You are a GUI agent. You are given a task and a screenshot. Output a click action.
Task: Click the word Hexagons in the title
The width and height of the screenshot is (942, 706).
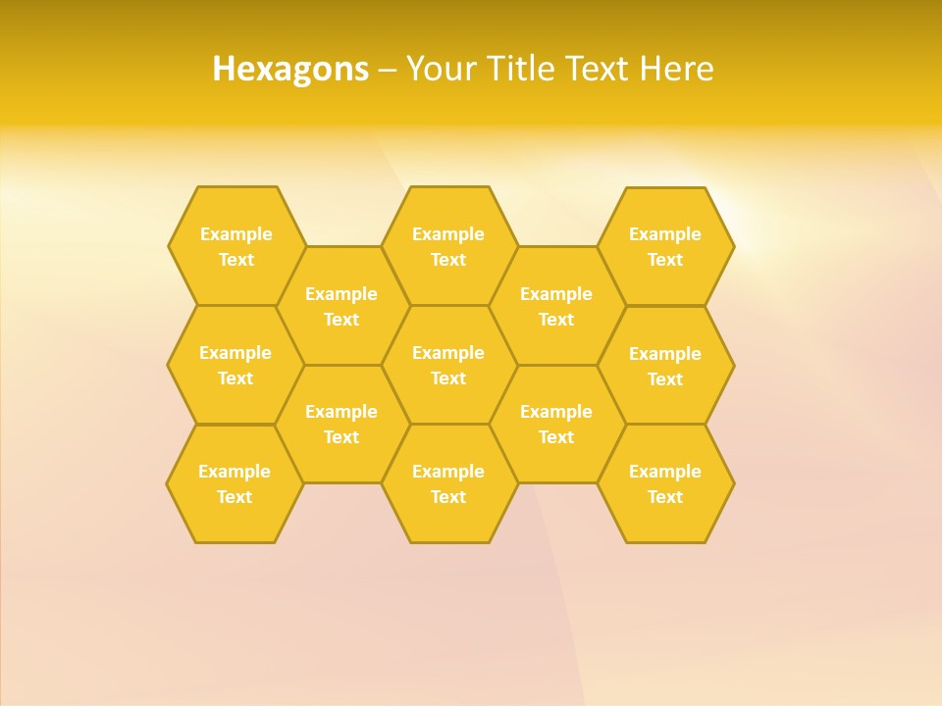coord(290,69)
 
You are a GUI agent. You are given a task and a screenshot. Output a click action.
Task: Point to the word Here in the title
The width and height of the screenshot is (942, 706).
coord(677,69)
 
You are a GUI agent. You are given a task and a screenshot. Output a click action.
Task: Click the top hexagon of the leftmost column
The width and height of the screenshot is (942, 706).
coord(235,246)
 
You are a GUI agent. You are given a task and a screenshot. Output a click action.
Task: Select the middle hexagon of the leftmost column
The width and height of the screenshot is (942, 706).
coord(235,365)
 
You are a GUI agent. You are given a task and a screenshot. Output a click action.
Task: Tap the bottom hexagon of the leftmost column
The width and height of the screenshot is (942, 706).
coord(235,483)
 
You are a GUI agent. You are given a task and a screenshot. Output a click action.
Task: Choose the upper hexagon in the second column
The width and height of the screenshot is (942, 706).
coord(341,306)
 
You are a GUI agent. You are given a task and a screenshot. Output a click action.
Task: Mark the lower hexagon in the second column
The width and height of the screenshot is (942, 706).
coord(341,424)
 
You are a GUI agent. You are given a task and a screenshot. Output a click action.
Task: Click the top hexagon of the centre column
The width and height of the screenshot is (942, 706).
coord(448,246)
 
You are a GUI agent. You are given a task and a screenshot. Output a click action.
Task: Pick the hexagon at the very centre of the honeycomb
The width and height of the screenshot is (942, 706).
coord(448,365)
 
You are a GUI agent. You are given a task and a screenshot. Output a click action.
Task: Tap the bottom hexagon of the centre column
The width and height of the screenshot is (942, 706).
coord(448,483)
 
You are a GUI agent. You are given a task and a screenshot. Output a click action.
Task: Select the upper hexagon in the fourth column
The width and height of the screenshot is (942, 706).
coord(556,306)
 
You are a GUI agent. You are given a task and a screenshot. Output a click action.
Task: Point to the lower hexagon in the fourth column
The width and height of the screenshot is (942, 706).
coord(556,424)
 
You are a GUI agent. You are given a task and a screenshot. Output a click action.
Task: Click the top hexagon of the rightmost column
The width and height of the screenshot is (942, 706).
coord(665,246)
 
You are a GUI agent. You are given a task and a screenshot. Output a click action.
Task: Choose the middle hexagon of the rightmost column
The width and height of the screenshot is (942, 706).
coord(665,366)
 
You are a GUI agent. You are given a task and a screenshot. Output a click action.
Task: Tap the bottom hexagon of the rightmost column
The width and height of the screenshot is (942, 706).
coord(665,483)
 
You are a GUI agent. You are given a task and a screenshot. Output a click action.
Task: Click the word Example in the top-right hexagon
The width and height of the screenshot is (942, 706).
coord(665,234)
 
